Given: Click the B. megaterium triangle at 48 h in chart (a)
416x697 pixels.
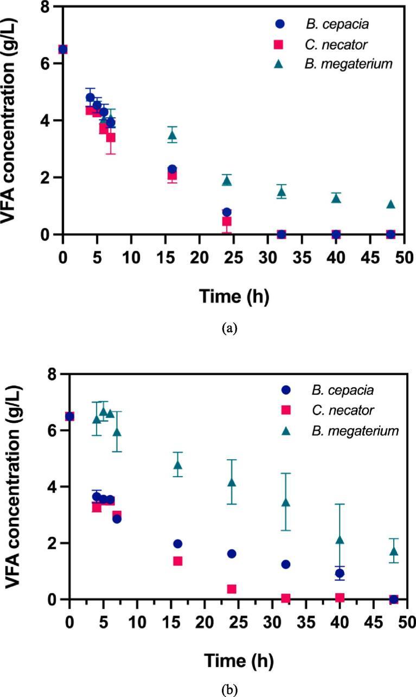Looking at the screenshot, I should (390, 204).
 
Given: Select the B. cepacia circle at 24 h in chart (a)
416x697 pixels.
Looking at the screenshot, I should (227, 212).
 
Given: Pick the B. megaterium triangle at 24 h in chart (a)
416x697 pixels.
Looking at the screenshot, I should (227, 180).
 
